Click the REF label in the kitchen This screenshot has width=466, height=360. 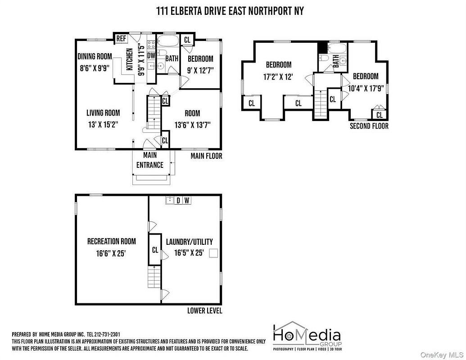pyautogui.click(x=121, y=38)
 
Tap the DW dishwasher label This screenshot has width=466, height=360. pyautogui.click(x=151, y=55)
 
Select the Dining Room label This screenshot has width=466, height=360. pyautogui.click(x=95, y=56)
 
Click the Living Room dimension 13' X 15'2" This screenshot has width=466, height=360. pyautogui.click(x=103, y=125)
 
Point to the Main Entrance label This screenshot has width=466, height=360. pyautogui.click(x=150, y=160)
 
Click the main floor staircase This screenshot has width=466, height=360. pyautogui.click(x=154, y=112)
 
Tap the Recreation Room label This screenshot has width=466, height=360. pyautogui.click(x=112, y=241)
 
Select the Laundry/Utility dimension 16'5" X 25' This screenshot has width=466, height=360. pyautogui.click(x=189, y=253)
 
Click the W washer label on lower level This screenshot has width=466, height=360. pyautogui.click(x=187, y=201)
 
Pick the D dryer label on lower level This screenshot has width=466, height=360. pyautogui.click(x=178, y=201)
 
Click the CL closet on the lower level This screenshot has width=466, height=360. pyautogui.click(x=155, y=249)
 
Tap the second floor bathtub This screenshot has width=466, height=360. pyautogui.click(x=337, y=48)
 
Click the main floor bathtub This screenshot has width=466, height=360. pyautogui.click(x=167, y=40)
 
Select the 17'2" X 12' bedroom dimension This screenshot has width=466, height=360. pyautogui.click(x=278, y=76)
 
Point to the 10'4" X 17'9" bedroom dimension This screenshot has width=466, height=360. pyautogui.click(x=366, y=88)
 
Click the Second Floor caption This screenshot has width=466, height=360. pyautogui.click(x=369, y=126)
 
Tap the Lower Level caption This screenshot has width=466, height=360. pyautogui.click(x=205, y=310)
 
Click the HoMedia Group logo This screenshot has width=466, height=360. pyautogui.click(x=308, y=336)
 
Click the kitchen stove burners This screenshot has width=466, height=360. pyautogui.click(x=151, y=45)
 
